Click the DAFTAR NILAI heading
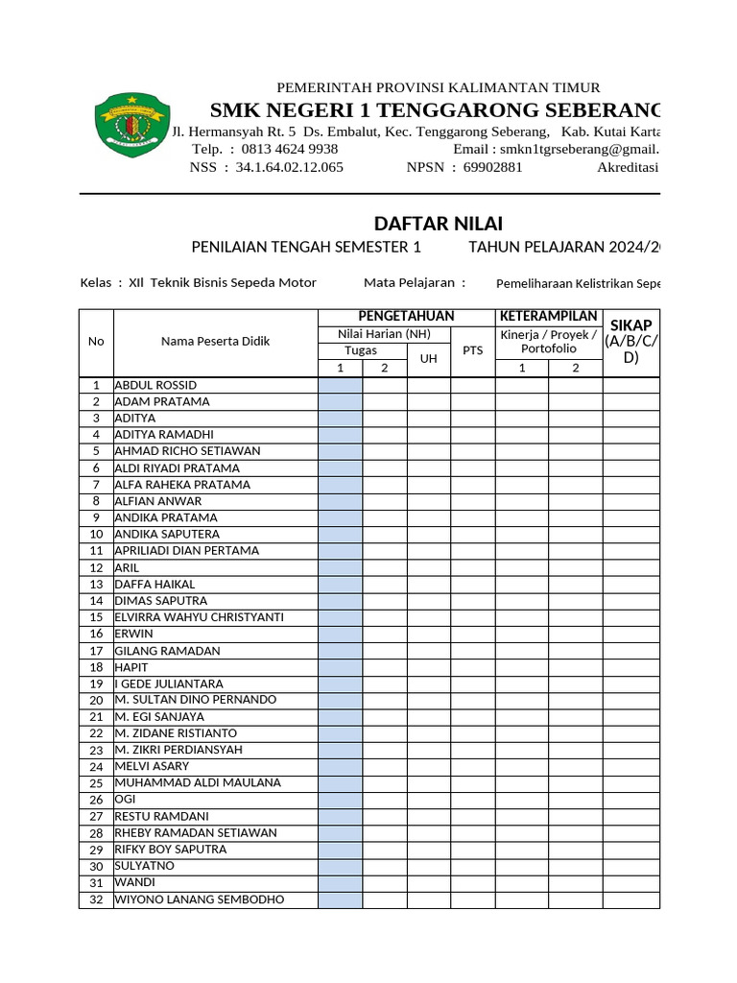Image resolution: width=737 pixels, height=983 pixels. coord(438,225)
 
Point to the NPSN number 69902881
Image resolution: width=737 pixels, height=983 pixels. coord(492,167)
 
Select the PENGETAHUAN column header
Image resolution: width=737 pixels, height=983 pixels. coord(406,317)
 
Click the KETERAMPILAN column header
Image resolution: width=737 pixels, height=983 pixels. coord(549,317)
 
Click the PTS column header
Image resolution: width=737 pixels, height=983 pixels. coord(472,350)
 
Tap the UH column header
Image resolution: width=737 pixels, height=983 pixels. coord(428,358)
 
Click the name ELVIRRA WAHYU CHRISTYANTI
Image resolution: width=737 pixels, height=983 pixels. coord(200,617)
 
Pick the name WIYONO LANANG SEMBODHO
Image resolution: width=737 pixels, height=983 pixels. coord(200,899)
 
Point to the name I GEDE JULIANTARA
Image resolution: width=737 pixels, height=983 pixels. coord(168,683)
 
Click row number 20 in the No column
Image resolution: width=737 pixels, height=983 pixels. coord(96,700)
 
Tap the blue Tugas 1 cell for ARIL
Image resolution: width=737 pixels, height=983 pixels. coord(340,567)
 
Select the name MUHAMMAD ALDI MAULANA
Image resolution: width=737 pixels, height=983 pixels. coord(198,782)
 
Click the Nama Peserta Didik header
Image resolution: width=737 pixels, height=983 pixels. coord(215,342)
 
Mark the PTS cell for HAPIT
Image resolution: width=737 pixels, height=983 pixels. coord(472,667)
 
